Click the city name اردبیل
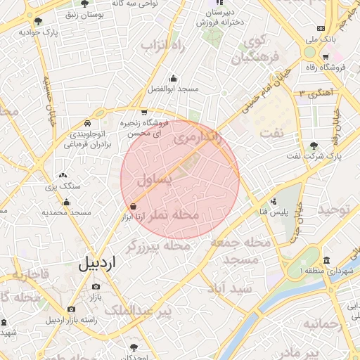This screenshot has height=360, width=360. coord(98,264)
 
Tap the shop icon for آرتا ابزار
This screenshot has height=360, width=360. coord(134,206)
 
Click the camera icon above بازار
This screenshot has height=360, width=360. coord(96,287)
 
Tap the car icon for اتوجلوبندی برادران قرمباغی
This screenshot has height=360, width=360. coord(86,122)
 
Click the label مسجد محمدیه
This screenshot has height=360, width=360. coord(67,212)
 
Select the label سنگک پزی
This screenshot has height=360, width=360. coord(64,186)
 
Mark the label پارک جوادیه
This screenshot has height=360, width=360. coord(38,32)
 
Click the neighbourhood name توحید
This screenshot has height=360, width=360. coord(334,210)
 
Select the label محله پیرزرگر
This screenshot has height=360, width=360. coord(167,247)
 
